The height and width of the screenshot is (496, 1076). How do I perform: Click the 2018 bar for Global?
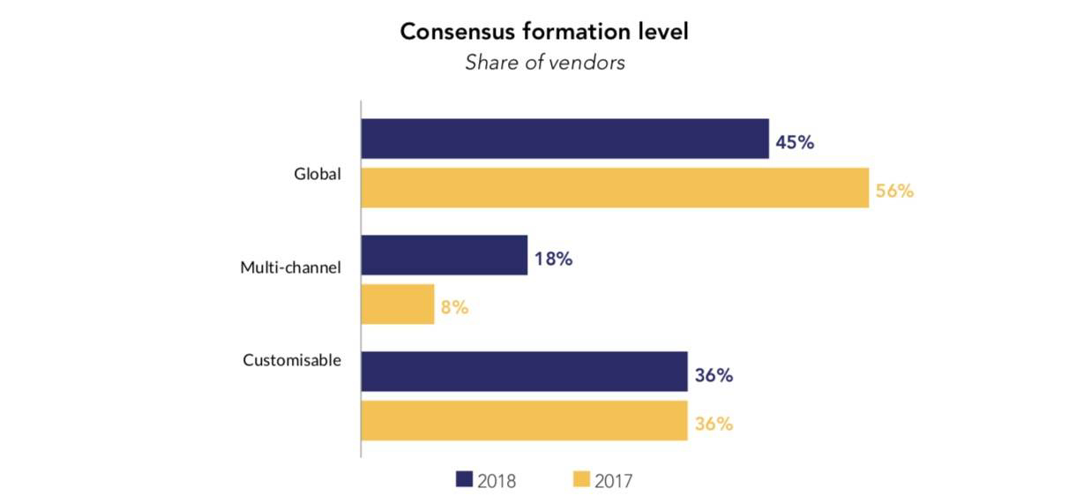click(x=564, y=139)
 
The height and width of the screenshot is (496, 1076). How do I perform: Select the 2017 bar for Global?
click(x=615, y=188)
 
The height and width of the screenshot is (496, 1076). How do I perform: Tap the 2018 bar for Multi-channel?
click(x=445, y=255)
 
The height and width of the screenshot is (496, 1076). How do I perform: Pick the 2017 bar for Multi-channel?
click(x=398, y=304)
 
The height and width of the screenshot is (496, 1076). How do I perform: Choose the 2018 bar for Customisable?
click(x=524, y=372)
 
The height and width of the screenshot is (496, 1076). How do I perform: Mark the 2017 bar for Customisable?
click(x=524, y=420)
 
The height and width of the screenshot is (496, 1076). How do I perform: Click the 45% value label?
click(x=795, y=141)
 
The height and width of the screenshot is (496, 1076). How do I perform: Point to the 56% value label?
click(x=894, y=191)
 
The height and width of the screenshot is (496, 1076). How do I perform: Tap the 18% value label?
click(x=553, y=259)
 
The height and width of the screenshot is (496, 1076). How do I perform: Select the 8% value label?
click(x=454, y=308)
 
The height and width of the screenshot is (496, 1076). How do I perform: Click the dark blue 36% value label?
click(x=713, y=375)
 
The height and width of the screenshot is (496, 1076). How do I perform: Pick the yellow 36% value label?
click(x=713, y=424)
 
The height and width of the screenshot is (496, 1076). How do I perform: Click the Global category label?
click(x=318, y=175)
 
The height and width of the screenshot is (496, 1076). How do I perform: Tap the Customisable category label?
click(x=292, y=360)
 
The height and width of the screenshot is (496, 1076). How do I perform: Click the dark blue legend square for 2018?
click(x=464, y=479)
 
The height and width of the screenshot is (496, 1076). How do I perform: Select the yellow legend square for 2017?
click(x=581, y=479)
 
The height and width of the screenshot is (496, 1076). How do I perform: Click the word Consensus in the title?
click(x=453, y=32)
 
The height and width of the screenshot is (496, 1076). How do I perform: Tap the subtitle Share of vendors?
click(x=545, y=63)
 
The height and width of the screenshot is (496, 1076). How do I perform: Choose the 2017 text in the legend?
click(x=614, y=480)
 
